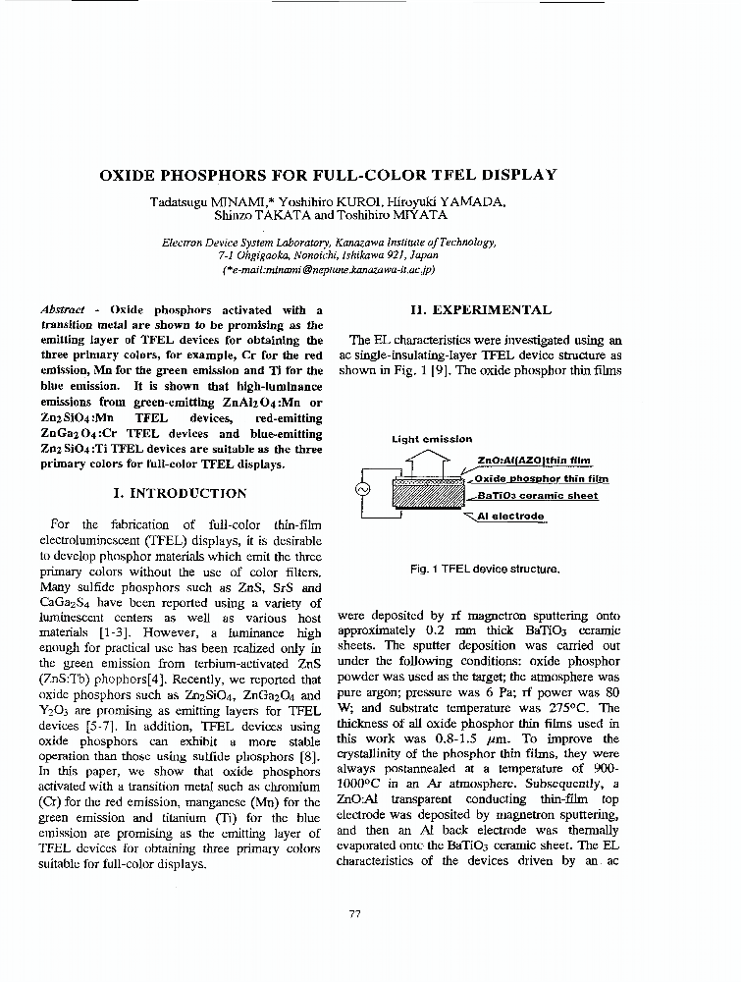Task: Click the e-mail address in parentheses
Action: click(x=329, y=268)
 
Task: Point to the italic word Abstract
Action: click(x=63, y=310)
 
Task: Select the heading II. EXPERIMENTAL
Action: click(x=481, y=310)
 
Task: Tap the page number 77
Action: click(x=355, y=914)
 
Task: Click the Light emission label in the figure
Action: click(x=432, y=440)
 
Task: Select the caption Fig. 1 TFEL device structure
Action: click(x=486, y=569)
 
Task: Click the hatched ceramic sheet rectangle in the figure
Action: click(x=425, y=494)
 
